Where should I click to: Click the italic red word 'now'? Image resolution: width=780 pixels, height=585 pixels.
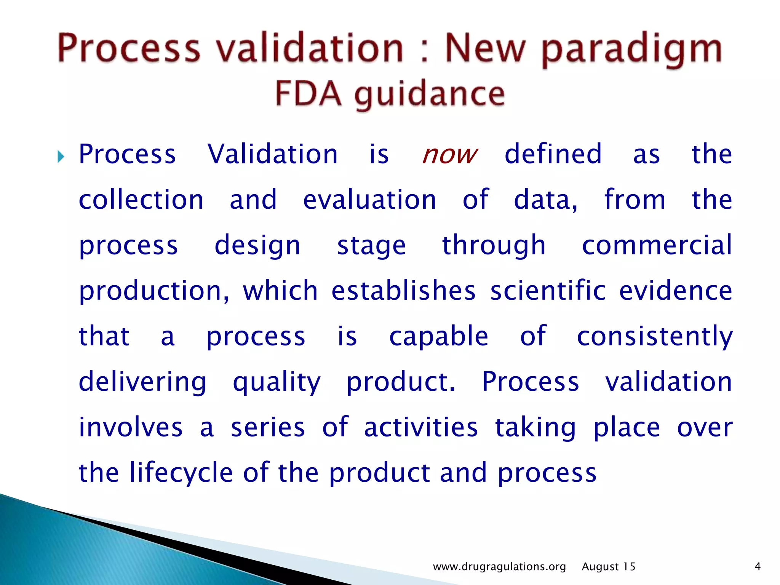pyautogui.click(x=449, y=155)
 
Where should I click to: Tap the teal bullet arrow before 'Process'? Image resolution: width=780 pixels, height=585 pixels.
pyautogui.click(x=61, y=156)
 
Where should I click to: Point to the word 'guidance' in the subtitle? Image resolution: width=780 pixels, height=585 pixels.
pyautogui.click(x=429, y=95)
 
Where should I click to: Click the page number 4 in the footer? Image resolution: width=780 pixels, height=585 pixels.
pyautogui.click(x=757, y=567)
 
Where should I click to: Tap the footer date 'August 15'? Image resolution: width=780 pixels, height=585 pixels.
pyautogui.click(x=608, y=567)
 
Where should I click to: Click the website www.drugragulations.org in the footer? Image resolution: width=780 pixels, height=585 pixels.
pyautogui.click(x=499, y=567)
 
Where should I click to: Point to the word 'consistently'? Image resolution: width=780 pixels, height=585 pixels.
pyautogui.click(x=655, y=337)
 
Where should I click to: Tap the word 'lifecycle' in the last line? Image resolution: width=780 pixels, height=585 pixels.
pyautogui.click(x=181, y=473)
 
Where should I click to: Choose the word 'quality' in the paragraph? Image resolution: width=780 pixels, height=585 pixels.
pyautogui.click(x=277, y=382)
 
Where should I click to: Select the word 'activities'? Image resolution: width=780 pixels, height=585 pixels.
pyautogui.click(x=421, y=427)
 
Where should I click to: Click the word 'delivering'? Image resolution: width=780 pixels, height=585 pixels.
pyautogui.click(x=142, y=382)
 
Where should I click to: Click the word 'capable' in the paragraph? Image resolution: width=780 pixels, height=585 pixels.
pyautogui.click(x=438, y=337)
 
